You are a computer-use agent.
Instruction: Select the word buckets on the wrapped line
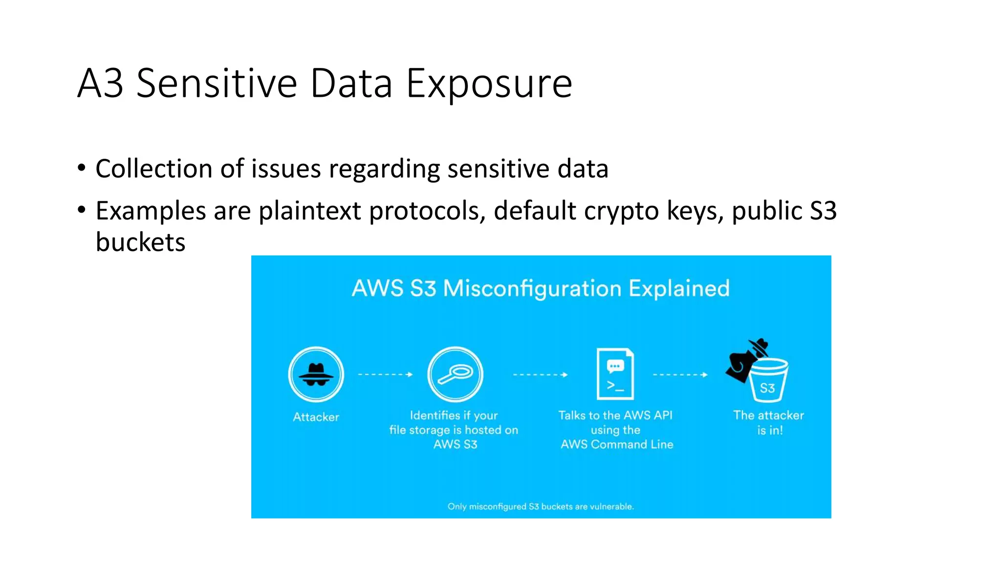point(141,242)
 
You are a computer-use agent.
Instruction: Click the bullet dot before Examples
point(82,210)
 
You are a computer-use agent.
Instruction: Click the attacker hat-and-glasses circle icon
point(316,374)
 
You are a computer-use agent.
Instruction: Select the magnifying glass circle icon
point(455,374)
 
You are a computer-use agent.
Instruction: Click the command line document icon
point(615,374)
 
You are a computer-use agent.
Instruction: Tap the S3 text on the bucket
point(767,388)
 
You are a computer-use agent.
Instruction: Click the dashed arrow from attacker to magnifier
point(385,374)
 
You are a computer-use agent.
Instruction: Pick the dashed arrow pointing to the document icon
point(540,375)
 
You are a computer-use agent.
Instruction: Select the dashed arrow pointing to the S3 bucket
point(680,375)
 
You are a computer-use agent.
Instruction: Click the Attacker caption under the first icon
point(316,417)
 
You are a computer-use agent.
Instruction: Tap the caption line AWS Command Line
point(617,444)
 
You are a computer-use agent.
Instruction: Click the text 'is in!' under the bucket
point(770,431)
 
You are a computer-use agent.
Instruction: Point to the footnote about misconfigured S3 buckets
point(541,506)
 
